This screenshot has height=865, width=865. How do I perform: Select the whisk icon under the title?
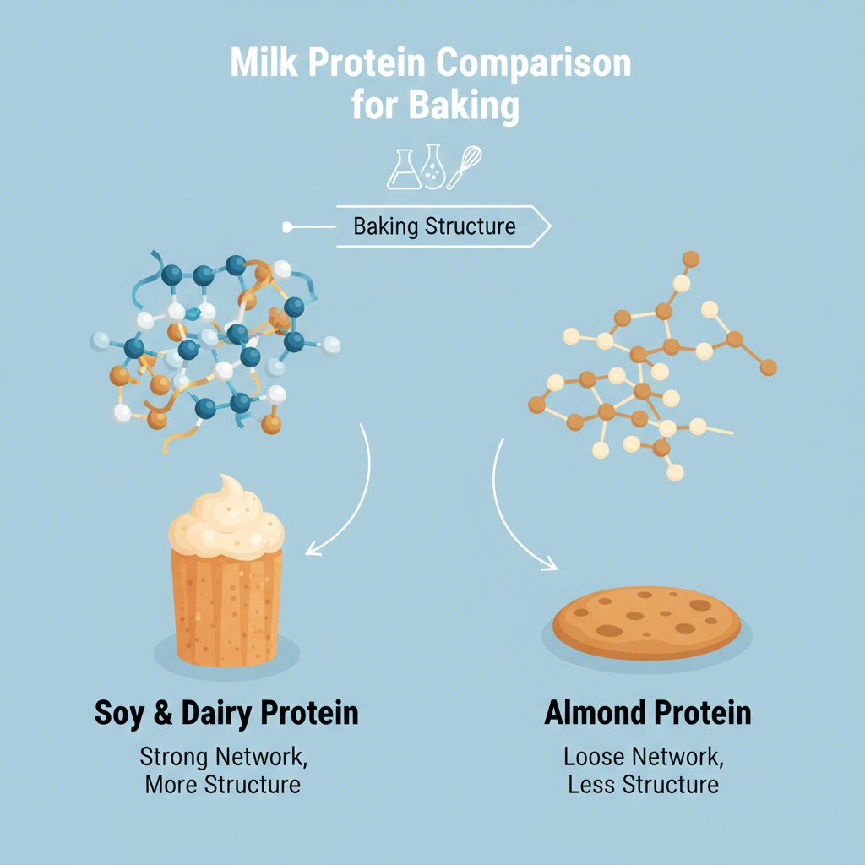[465, 166]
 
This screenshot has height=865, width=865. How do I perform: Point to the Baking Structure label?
[434, 226]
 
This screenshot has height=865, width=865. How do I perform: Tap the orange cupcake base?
[226, 608]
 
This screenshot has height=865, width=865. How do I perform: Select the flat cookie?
[646, 623]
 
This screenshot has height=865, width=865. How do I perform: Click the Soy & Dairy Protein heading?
[226, 713]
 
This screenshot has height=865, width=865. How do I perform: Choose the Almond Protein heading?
[647, 713]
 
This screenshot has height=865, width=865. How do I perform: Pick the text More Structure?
[222, 784]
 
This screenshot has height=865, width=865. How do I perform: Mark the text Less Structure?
[644, 784]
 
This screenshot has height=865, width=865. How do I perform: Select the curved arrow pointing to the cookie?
[515, 515]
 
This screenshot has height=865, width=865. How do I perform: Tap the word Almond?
[592, 713]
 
